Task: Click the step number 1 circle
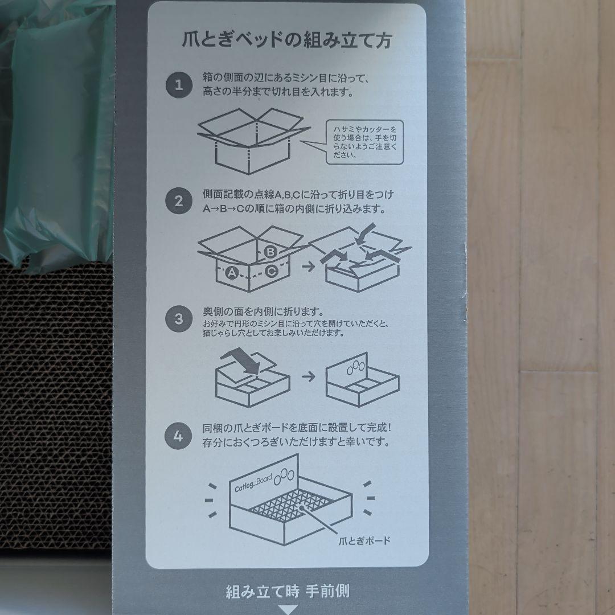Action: [x=179, y=85]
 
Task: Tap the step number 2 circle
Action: [x=179, y=201]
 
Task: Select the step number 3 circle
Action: [x=179, y=319]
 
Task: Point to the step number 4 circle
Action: [x=178, y=436]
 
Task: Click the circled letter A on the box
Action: [x=232, y=273]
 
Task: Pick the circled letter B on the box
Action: [x=270, y=252]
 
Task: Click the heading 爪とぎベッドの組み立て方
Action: [x=287, y=40]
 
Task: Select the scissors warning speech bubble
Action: [x=365, y=142]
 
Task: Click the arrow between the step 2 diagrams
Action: [x=309, y=266]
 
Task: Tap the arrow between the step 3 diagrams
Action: [x=309, y=377]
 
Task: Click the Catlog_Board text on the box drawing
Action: [x=253, y=483]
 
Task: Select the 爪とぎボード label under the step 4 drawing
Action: [x=364, y=541]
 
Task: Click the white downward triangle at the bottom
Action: [x=288, y=610]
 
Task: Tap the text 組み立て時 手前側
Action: [x=288, y=591]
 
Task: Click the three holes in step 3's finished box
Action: [x=356, y=366]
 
